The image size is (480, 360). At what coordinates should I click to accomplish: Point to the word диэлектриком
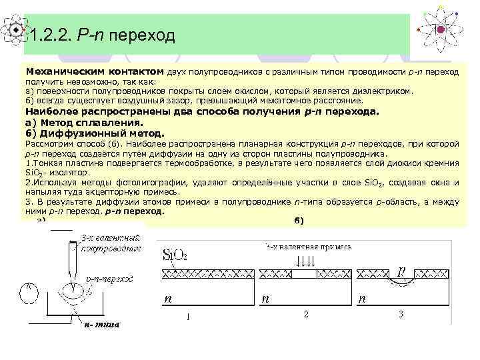[x=379, y=91]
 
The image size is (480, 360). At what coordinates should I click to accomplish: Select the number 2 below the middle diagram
[x=305, y=314]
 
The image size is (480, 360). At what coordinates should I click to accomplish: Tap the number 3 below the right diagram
[x=401, y=314]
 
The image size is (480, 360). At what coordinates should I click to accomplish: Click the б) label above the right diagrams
[x=298, y=221]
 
